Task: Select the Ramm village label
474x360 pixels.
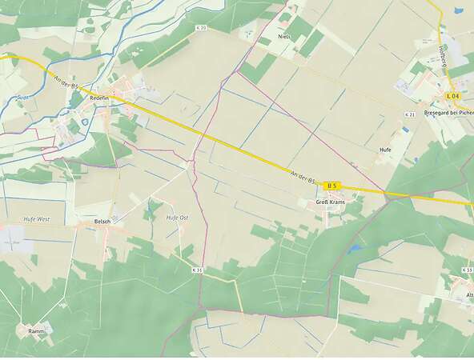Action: point(36,331)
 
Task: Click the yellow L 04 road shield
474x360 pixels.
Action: point(452,96)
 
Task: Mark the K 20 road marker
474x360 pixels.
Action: point(200,28)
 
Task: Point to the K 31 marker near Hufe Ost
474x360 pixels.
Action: point(198,270)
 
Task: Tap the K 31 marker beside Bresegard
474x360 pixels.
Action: point(409,115)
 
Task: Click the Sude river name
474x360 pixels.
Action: point(22,98)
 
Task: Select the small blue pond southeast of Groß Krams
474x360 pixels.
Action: point(354,249)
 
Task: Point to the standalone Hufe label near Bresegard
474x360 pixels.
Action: point(385,150)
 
